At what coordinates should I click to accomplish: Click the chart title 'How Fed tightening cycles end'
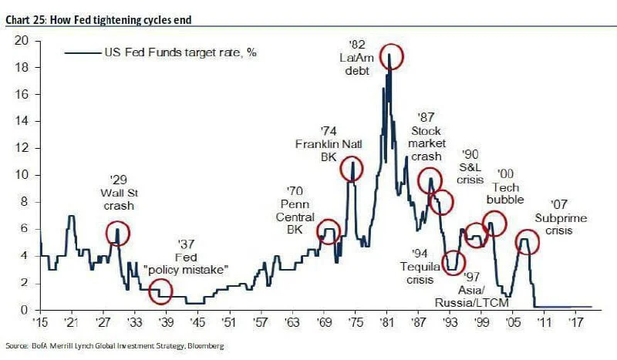121,20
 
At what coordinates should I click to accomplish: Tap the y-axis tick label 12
22,148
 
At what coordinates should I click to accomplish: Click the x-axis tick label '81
386,321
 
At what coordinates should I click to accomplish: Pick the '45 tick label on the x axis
197,321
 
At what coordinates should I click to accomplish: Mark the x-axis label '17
575,321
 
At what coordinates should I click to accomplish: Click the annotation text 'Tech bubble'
505,193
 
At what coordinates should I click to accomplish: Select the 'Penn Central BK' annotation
295,217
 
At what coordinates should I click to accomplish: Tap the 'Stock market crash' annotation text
427,143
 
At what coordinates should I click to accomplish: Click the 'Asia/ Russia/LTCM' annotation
471,296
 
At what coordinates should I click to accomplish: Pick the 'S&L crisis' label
470,173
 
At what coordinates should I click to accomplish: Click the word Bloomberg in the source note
205,346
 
